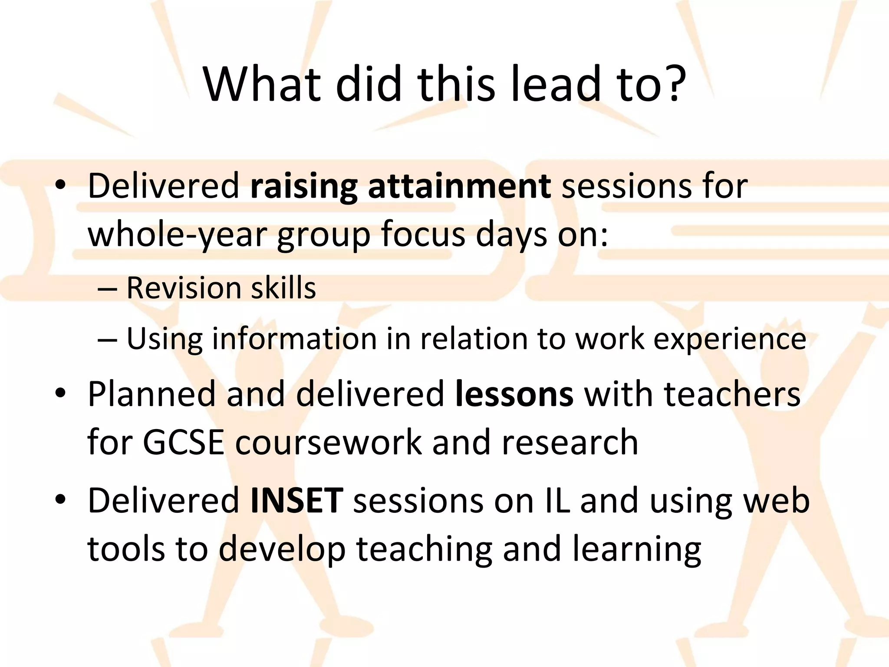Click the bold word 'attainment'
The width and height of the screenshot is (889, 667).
(459, 186)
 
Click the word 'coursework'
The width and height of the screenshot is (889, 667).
(328, 442)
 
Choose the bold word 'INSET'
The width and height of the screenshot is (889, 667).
(297, 500)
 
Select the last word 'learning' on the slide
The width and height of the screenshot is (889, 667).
(636, 549)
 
